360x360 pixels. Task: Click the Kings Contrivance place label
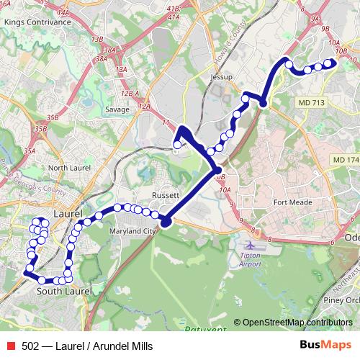point(37,22)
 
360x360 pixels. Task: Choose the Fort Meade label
point(293,202)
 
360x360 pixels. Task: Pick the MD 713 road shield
point(312,104)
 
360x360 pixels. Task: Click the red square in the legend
point(10,346)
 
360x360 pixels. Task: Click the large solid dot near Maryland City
point(166,222)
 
